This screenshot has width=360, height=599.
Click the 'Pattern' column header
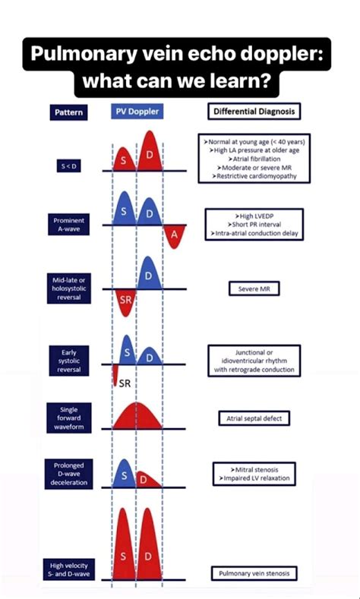click(68, 112)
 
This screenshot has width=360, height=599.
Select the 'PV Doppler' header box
click(137, 112)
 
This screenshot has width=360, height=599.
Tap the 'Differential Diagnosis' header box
click(254, 112)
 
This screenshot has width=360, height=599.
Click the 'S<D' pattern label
click(69, 166)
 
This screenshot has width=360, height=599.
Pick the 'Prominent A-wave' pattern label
click(69, 225)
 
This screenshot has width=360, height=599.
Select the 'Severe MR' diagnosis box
click(254, 288)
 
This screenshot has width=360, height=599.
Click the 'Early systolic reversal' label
click(69, 361)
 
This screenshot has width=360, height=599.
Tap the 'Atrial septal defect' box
click(254, 418)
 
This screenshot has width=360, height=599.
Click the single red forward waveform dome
click(137, 415)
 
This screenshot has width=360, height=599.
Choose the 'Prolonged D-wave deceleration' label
click(69, 474)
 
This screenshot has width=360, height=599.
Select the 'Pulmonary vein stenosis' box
click(254, 573)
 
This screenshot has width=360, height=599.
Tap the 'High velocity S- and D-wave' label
click(69, 569)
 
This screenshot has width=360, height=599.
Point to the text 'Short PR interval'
click(254, 224)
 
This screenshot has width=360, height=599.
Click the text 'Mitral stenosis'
click(254, 470)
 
